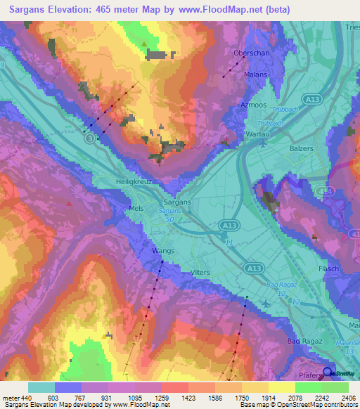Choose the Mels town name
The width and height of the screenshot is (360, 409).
117,209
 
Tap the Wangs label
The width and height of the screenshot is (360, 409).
163,249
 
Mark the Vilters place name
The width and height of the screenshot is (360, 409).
200,272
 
